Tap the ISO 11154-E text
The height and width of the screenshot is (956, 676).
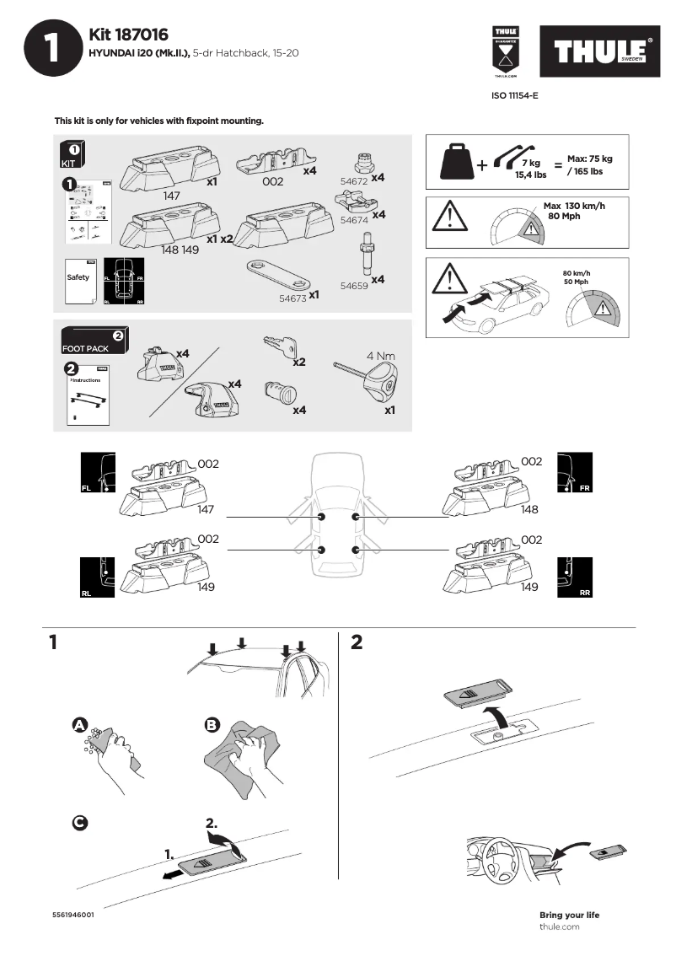coord(514,96)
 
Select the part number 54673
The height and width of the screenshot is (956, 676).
coord(292,298)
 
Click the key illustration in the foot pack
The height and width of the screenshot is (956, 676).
coord(280,347)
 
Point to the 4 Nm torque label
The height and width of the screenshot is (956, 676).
coord(380,356)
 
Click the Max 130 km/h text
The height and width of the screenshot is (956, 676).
coord(574,207)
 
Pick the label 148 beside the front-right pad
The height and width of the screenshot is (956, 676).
coord(529,510)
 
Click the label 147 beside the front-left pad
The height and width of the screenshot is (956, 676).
coord(207,510)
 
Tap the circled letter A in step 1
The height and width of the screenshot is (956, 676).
coord(79,725)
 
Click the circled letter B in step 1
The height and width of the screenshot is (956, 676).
coord(212,724)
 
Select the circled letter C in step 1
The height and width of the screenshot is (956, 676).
coord(79,821)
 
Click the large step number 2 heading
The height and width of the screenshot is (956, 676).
coord(356,642)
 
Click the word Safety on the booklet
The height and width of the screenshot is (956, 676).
coord(78,277)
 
